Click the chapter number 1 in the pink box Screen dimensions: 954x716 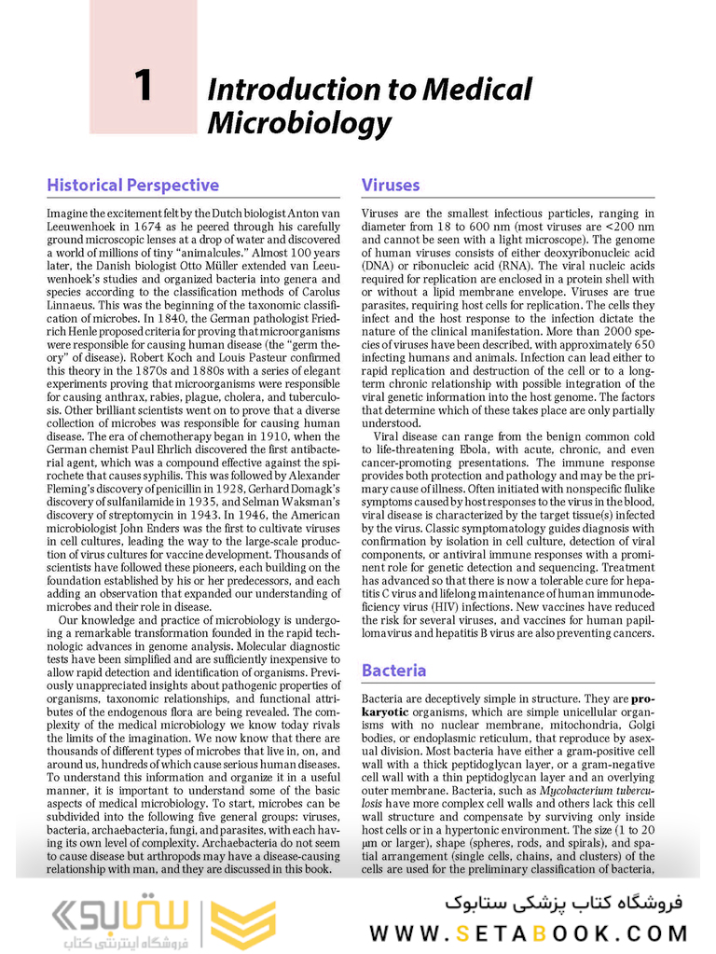click(143, 87)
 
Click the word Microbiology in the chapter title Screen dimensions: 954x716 click(299, 123)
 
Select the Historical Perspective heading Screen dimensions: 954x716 click(132, 185)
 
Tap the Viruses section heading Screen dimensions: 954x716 click(391, 185)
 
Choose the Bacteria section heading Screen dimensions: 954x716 click(393, 671)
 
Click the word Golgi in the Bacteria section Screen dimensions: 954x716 click(637, 725)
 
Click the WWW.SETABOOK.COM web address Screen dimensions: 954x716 click(529, 933)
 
